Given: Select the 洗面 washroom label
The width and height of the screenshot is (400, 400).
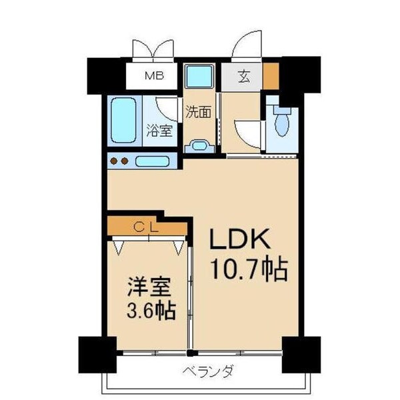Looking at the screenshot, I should (x=199, y=111).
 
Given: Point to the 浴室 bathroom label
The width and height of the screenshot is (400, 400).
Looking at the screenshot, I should (x=159, y=130).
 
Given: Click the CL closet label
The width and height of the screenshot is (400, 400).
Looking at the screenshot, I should (x=147, y=227).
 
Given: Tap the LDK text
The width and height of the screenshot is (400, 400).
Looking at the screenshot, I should (x=241, y=240).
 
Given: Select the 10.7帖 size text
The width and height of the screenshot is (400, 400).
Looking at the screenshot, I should (x=249, y=270).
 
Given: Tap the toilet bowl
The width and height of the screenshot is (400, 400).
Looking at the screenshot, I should (x=281, y=123).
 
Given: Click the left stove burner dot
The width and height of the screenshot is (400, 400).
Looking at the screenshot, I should (x=114, y=161).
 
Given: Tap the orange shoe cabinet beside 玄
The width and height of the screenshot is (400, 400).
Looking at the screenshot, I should (x=271, y=75).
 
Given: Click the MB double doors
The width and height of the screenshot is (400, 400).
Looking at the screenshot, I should (x=154, y=50).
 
